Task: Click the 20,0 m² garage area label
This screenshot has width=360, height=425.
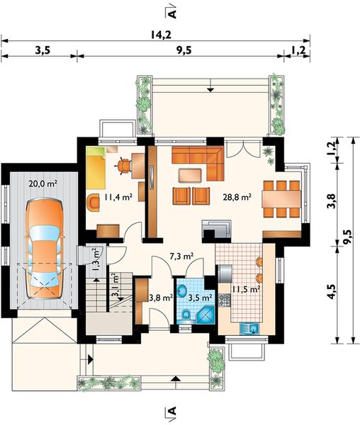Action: pyautogui.click(x=43, y=184)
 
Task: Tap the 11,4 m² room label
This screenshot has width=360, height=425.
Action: pyautogui.click(x=118, y=197)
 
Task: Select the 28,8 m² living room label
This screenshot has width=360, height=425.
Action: pyautogui.click(x=237, y=197)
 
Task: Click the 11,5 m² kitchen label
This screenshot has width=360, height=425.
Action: pyautogui.click(x=246, y=290)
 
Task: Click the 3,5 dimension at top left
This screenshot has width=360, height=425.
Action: pyautogui.click(x=43, y=50)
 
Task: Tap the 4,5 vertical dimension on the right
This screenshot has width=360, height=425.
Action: pyautogui.click(x=332, y=292)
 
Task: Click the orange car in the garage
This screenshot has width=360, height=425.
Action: pyautogui.click(x=44, y=249)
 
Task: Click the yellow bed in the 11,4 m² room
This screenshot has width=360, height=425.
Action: pyautogui.click(x=96, y=172)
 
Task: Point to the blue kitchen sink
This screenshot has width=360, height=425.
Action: pyautogui.click(x=250, y=329)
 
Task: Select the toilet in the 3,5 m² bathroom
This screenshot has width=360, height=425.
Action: pyautogui.click(x=186, y=315)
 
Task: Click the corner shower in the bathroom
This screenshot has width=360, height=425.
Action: pyautogui.click(x=205, y=315)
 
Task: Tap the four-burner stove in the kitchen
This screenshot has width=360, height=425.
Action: pyautogui.click(x=225, y=300)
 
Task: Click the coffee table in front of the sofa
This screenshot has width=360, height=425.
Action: pyautogui.click(x=191, y=175)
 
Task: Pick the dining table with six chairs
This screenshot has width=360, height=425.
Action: pyautogui.click(x=281, y=199)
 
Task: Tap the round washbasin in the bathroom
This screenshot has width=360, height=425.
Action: pyautogui.click(x=181, y=291)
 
